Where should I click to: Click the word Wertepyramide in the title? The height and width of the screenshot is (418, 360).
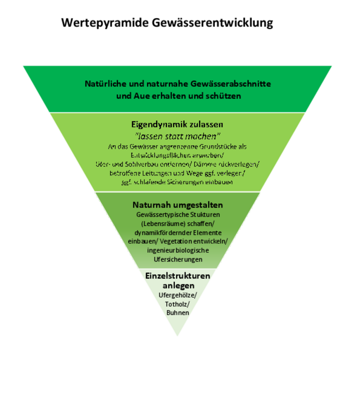click(x=105, y=23)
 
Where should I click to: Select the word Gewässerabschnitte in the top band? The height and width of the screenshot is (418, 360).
click(x=231, y=84)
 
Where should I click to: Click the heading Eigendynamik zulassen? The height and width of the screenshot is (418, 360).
click(x=177, y=124)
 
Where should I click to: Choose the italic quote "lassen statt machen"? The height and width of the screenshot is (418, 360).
click(x=177, y=136)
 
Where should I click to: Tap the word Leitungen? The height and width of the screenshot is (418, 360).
click(x=157, y=173)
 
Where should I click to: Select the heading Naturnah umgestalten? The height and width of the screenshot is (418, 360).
click(x=178, y=205)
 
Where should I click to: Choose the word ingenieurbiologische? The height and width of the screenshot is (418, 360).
click(x=178, y=250)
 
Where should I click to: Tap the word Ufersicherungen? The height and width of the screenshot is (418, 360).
click(x=178, y=260)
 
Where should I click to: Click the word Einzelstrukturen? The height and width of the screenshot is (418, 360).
click(x=178, y=276)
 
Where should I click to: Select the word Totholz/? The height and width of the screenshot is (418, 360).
click(x=177, y=304)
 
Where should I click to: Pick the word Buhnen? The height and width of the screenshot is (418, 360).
click(x=178, y=313)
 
